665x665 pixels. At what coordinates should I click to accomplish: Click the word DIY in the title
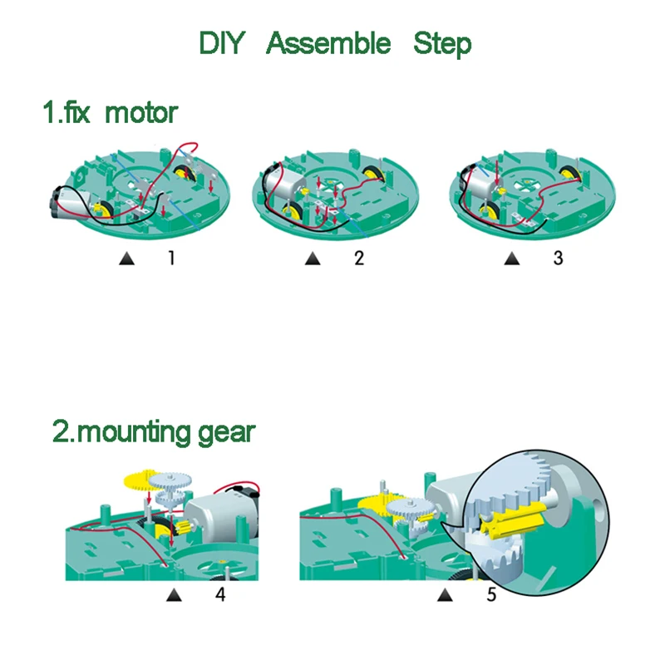[222, 43]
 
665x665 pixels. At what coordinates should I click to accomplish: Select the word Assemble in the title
[328, 43]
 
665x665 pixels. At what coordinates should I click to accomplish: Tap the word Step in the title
[441, 43]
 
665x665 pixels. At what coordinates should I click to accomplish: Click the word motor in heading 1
[141, 112]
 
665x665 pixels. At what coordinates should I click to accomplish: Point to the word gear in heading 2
[225, 433]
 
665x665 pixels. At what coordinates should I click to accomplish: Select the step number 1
[171, 259]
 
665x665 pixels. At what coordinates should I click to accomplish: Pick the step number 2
[359, 259]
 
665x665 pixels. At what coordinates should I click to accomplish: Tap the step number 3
[558, 259]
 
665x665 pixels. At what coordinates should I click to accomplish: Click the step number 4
[220, 595]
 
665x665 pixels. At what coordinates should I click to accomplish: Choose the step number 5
[491, 595]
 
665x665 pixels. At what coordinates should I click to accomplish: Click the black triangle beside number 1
[127, 259]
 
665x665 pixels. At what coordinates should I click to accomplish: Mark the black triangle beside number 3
[510, 259]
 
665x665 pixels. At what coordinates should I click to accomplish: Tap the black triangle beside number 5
[446, 595]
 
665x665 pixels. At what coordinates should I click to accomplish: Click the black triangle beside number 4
[174, 595]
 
